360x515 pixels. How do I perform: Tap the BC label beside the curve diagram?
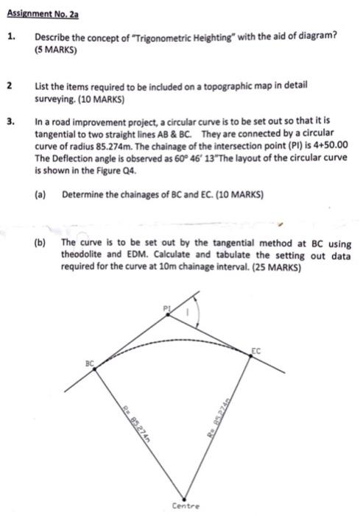tap(90, 363)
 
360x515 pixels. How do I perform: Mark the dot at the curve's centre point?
tap(183, 494)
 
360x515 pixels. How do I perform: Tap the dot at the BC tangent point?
tap(96, 369)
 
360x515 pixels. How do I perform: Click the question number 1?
tap(11, 35)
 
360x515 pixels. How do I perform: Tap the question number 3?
tap(11, 118)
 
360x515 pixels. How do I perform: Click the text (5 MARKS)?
tap(56, 51)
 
